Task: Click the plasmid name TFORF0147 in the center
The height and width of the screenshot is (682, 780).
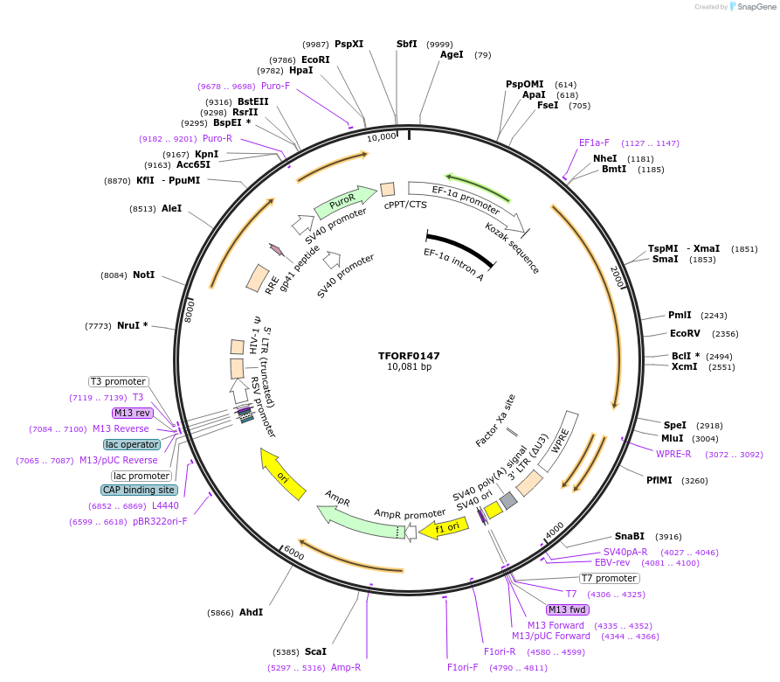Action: [x=409, y=356]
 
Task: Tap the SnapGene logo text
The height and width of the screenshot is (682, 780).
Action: [x=757, y=7]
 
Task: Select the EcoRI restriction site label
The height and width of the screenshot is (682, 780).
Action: [x=315, y=59]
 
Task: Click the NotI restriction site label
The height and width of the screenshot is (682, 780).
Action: [x=143, y=275]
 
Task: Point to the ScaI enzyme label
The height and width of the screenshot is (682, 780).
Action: [x=315, y=651]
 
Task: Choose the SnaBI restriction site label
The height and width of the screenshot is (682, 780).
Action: [x=629, y=536]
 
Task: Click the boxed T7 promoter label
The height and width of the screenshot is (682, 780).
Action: [x=609, y=578]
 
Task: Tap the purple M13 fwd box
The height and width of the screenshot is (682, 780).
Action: [x=568, y=609]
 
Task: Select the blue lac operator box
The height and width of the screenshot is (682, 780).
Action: [x=131, y=444]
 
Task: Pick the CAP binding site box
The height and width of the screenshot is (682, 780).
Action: [x=139, y=490]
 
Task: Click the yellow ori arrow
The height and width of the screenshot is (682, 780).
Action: [x=283, y=475]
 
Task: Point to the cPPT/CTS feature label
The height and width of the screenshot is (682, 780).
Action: [x=405, y=205]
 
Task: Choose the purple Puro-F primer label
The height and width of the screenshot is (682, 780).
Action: [x=275, y=86]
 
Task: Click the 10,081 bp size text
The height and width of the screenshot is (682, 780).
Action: [x=409, y=367]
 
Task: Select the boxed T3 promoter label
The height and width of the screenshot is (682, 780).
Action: [x=119, y=381]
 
